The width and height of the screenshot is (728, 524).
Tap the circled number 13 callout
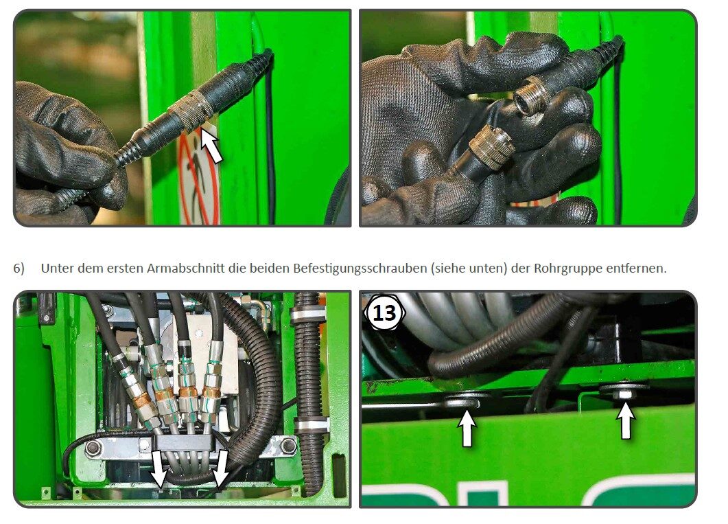(x=384, y=312)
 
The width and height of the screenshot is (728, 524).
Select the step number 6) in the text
(x=19, y=269)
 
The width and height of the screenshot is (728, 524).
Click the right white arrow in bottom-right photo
(x=625, y=420)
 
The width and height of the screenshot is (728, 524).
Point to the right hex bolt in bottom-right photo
(x=624, y=389)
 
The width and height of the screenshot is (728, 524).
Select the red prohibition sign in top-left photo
(x=199, y=179)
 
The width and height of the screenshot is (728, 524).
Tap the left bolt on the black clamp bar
(x=94, y=448)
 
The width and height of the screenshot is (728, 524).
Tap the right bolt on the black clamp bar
(x=289, y=446)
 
